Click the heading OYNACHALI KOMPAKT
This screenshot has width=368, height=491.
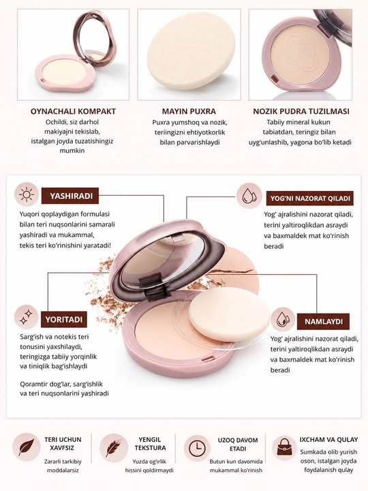73,111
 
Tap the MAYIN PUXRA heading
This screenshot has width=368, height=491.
189,111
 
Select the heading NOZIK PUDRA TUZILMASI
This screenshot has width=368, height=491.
301,111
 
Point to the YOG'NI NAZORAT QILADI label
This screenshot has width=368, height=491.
310,198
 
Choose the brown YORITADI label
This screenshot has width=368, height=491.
64,319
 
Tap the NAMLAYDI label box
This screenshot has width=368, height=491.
323,322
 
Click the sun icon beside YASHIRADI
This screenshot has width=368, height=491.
27,195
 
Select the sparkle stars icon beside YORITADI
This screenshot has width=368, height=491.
27,317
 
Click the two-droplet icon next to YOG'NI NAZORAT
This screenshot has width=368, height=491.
249,196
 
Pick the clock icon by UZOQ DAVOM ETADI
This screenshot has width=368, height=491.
197,448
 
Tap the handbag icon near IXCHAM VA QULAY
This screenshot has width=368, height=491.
283,448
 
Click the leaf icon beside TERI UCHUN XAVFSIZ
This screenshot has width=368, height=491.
27,447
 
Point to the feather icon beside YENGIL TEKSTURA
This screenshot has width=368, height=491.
114,448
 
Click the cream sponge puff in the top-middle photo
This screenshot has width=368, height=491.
191,53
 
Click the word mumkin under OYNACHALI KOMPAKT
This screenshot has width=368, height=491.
72,150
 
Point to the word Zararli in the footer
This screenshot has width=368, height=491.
53,462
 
